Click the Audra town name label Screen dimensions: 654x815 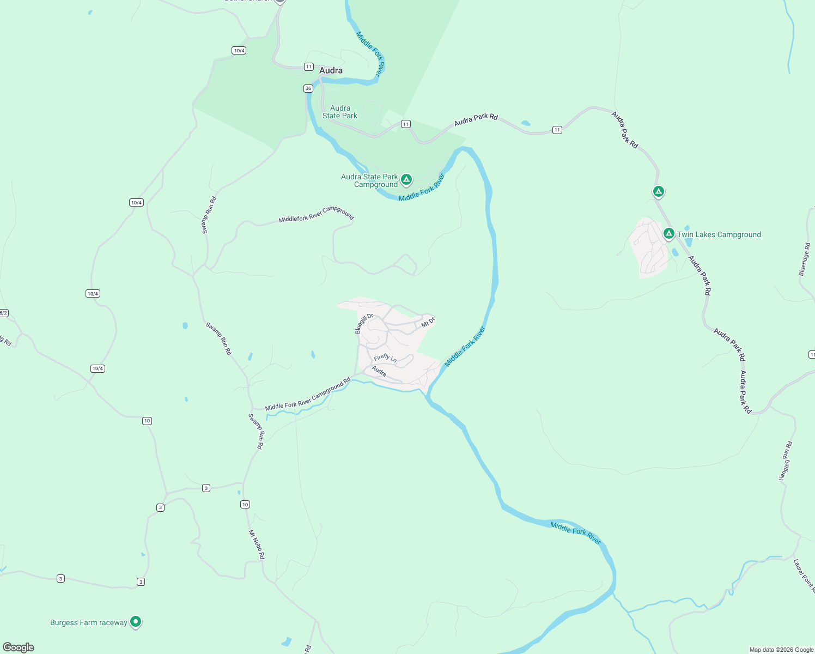[331, 70]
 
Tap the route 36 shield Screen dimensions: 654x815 [308, 88]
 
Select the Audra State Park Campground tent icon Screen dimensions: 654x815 [406, 179]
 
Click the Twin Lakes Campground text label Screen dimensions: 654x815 [719, 234]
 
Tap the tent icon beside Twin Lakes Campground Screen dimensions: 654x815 [668, 234]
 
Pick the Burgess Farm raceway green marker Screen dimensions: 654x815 [136, 621]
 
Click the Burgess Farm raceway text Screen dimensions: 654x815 [89, 622]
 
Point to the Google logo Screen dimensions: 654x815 [19, 647]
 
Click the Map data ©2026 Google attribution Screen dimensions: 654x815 [781, 650]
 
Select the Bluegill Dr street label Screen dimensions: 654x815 [363, 323]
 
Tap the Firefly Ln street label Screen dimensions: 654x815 [385, 358]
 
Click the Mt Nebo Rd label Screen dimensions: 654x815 [257, 544]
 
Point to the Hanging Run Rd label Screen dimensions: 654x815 [785, 461]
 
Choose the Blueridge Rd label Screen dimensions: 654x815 [804, 259]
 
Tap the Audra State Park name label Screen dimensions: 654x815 [340, 112]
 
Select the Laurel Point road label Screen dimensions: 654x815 [804, 575]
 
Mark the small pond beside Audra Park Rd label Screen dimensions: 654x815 [525, 123]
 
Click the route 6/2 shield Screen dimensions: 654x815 [3, 313]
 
